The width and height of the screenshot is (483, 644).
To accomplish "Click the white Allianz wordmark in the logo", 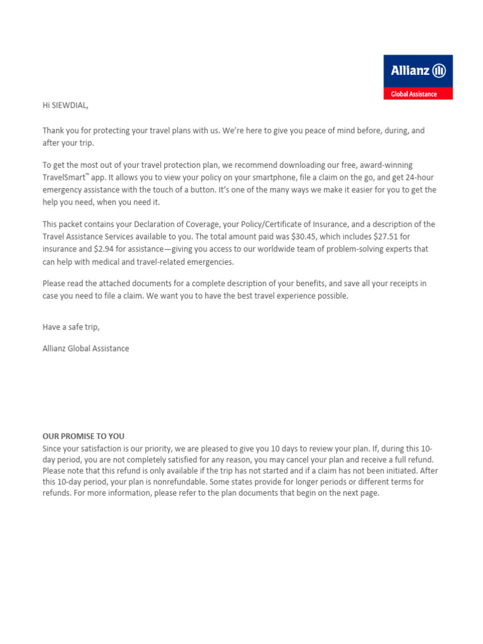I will [409, 71].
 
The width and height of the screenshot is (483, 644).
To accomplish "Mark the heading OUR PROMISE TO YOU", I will [84, 436].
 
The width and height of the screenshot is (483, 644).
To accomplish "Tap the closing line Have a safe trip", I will [71, 327].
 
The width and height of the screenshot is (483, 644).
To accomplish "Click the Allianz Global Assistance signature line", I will [86, 348].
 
